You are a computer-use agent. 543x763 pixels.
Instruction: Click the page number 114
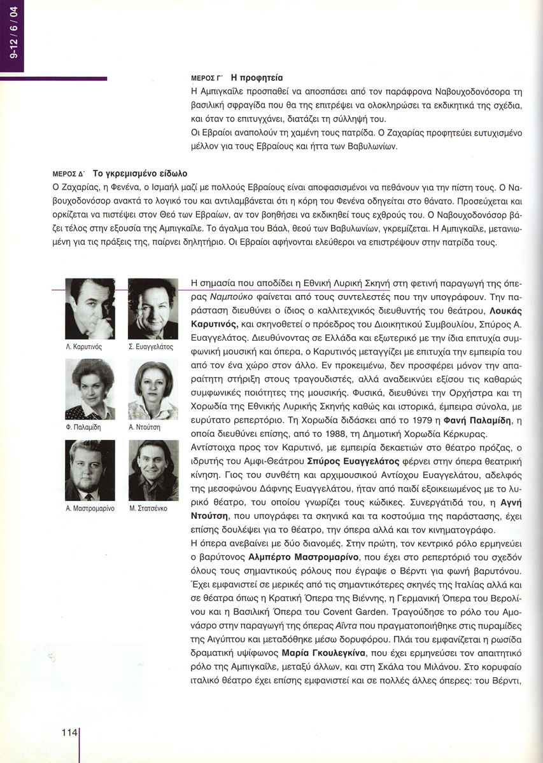(x=69, y=732)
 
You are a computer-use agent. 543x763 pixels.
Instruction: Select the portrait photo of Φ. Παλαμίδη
(x=90, y=389)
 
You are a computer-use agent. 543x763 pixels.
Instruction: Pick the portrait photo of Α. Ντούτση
(x=153, y=389)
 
